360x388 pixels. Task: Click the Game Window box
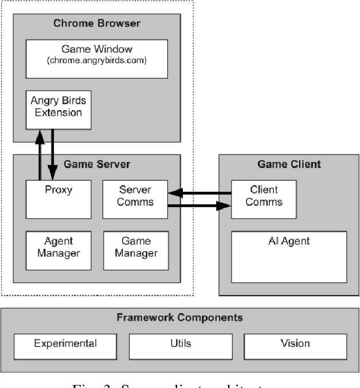(96, 59)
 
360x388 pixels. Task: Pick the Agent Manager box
(59, 250)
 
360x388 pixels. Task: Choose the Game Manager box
(136, 250)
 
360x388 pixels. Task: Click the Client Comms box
(264, 199)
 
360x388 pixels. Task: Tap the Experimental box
(65, 344)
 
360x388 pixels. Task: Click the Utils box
(179, 344)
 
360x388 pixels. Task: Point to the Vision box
(295, 344)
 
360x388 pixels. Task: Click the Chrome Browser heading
(96, 24)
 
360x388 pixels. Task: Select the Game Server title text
(97, 164)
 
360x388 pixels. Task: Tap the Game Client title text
(288, 164)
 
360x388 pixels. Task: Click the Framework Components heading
(179, 317)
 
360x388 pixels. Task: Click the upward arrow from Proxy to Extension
(40, 155)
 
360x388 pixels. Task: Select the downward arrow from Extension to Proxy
(53, 155)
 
